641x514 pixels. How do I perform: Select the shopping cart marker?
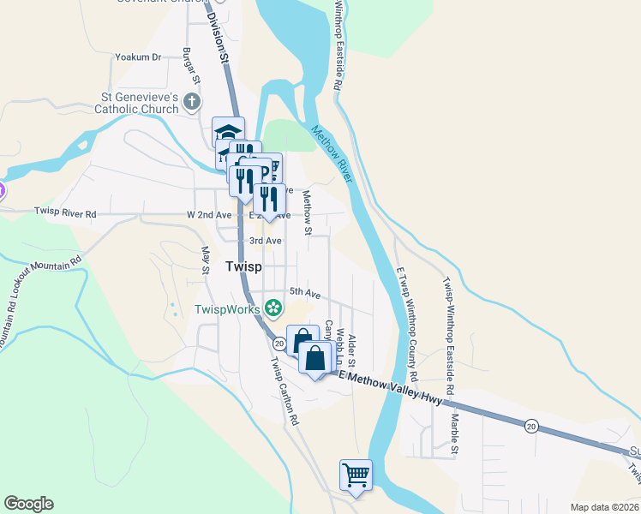coord(356,474)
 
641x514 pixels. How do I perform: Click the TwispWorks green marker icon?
coord(273,307)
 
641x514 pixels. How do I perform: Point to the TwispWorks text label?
coord(228,309)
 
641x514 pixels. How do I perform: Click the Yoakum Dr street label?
coord(138,57)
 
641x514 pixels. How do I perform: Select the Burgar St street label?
coord(191,66)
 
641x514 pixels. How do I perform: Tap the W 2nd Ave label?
coord(209,214)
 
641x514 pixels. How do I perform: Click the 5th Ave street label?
coord(303,293)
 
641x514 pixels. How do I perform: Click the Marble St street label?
coord(455,433)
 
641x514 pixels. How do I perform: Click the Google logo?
coord(28,504)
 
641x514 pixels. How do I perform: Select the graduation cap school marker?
coord(229,132)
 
